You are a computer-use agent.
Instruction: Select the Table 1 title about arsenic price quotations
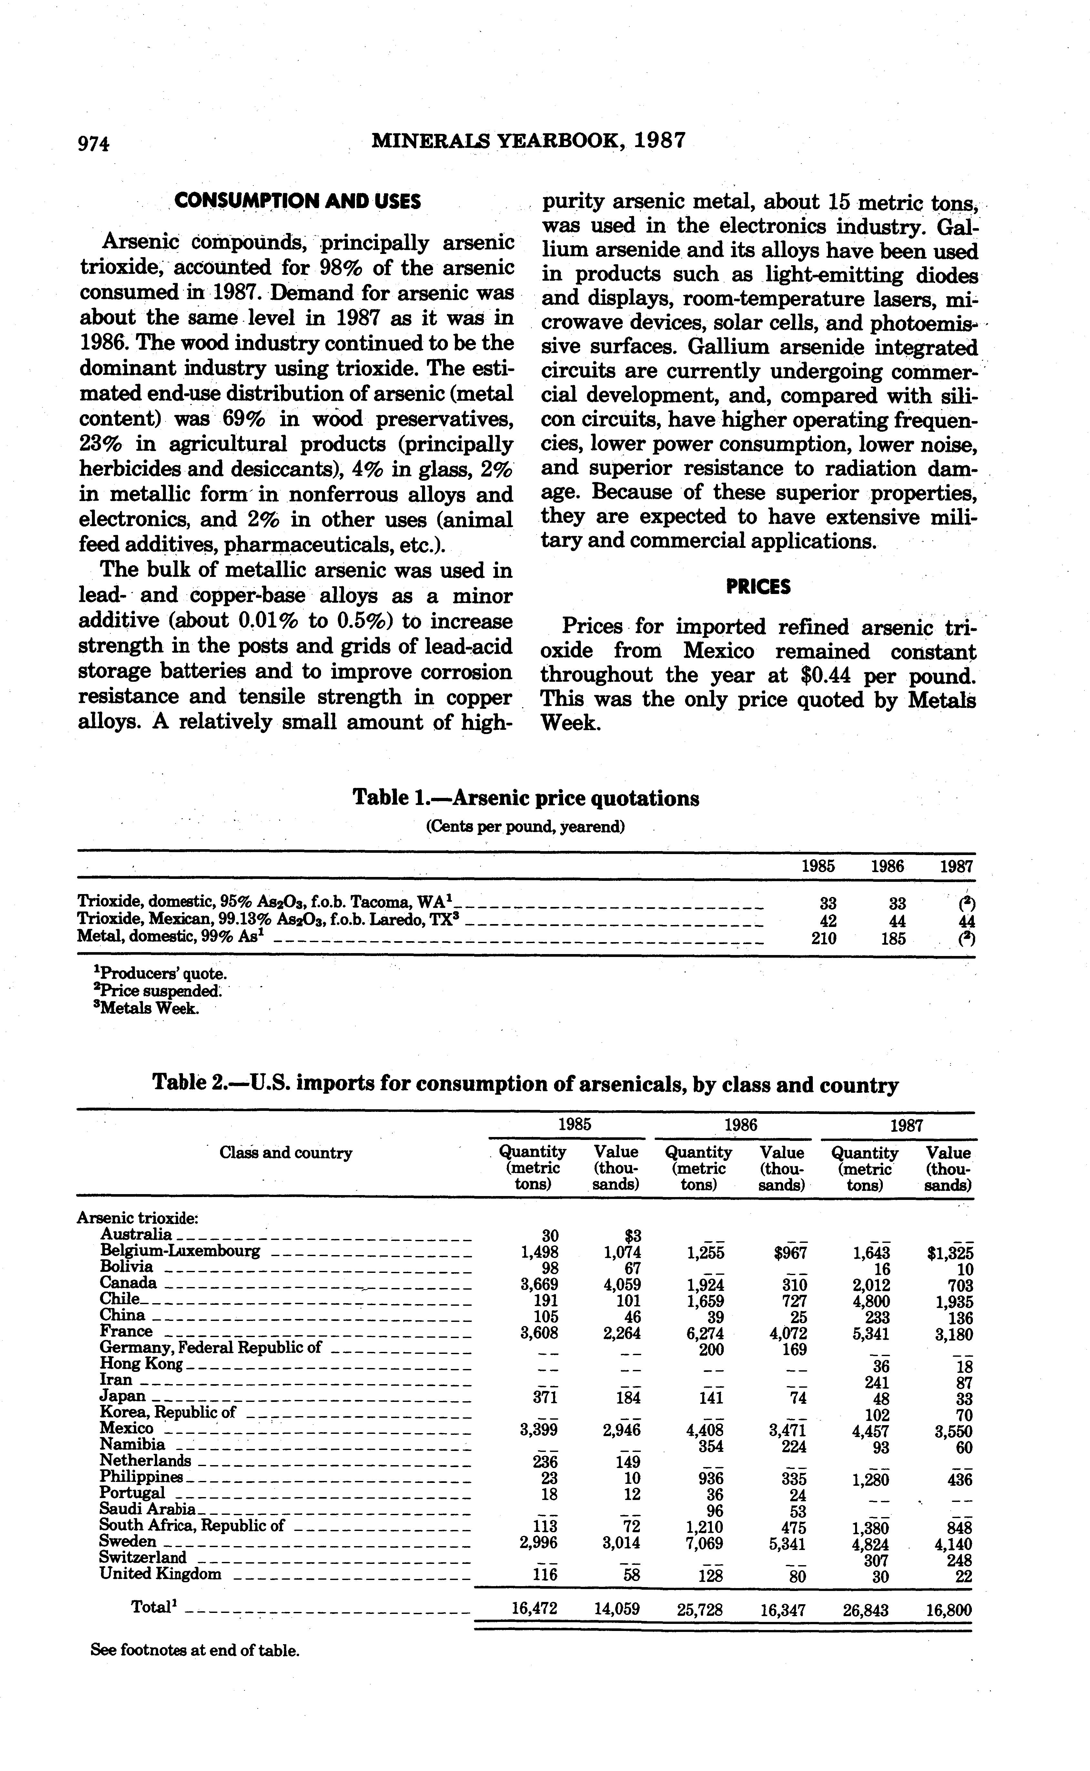pyautogui.click(x=526, y=798)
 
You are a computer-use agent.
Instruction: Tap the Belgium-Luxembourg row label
pyautogui.click(x=180, y=1251)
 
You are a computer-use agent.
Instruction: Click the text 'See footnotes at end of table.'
pyautogui.click(x=195, y=1650)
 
